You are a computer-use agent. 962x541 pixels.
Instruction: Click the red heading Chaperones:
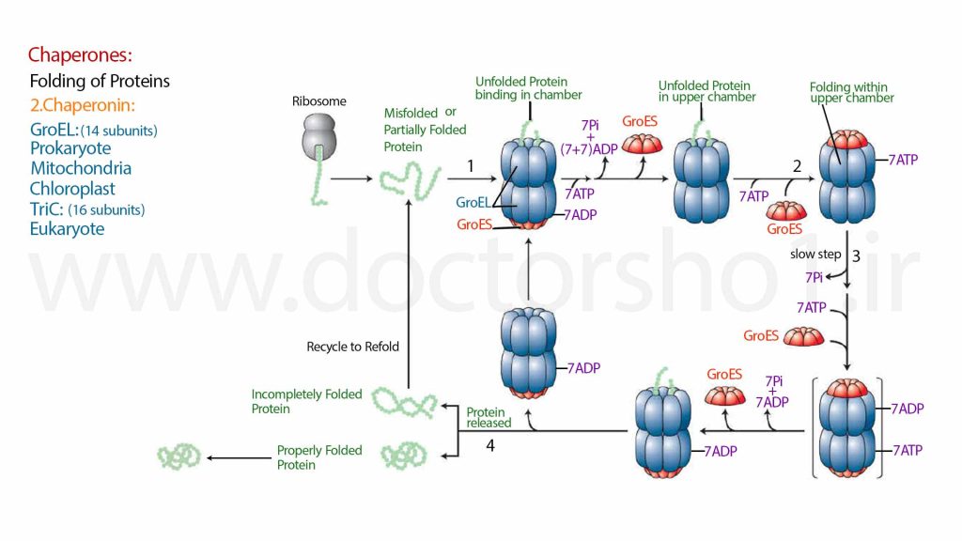point(80,55)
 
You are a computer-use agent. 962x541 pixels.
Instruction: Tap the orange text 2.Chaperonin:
point(83,105)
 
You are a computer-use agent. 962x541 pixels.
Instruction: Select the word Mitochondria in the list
point(81,168)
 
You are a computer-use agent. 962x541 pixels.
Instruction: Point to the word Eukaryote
point(67,229)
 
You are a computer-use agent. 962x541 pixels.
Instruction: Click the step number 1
point(470,165)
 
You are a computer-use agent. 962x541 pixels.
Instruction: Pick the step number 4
point(489,445)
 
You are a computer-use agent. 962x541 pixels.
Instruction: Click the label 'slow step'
point(815,254)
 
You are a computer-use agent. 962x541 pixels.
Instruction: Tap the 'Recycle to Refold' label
point(353,347)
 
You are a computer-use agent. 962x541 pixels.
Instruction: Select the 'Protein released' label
point(489,417)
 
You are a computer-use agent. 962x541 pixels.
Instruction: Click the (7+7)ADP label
point(589,149)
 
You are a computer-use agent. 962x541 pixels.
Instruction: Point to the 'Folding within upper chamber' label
point(851,93)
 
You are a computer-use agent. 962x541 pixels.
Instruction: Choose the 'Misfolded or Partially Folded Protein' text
point(425,130)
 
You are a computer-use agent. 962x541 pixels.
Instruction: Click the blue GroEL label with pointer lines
point(473,203)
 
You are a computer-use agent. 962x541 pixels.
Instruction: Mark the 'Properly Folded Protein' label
point(319,457)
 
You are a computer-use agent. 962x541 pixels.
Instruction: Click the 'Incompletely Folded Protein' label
point(306,401)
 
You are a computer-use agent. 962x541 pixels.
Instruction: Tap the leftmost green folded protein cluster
point(178,457)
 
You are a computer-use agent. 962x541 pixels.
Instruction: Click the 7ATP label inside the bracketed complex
point(908,450)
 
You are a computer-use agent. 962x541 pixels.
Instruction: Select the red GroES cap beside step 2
point(786,211)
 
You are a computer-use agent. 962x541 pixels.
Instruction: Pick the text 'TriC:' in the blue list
point(47,209)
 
